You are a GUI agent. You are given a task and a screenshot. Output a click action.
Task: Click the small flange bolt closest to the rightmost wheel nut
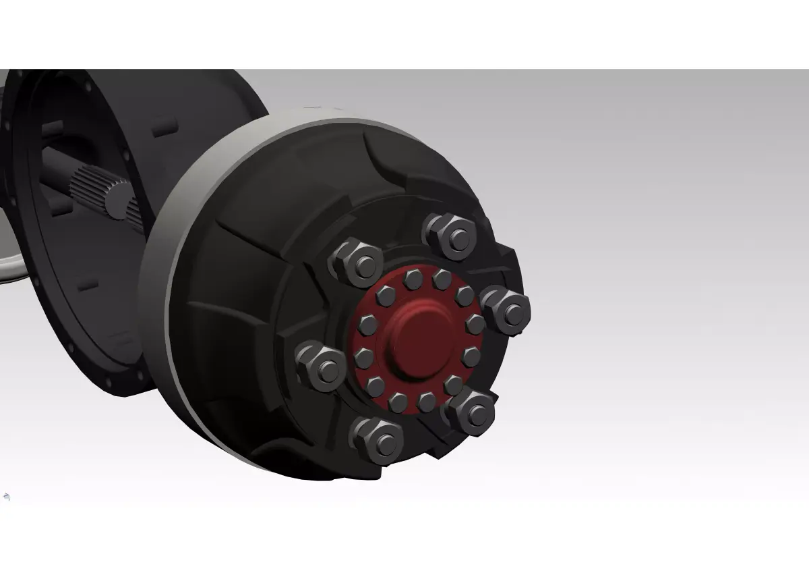click(475, 324)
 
